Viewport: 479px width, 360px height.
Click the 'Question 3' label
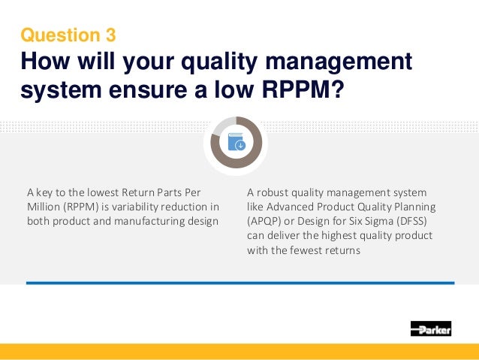pos(68,35)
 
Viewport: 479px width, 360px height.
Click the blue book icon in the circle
pos(237,142)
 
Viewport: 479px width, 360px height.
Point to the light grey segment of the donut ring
pos(221,126)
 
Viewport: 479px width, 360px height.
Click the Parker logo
pos(431,328)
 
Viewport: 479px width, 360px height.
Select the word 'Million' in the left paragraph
pos(43,207)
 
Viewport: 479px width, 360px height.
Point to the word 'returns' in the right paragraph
pos(342,250)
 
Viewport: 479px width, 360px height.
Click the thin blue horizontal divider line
pos(239,283)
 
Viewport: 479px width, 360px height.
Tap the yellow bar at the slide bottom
pos(239,352)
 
